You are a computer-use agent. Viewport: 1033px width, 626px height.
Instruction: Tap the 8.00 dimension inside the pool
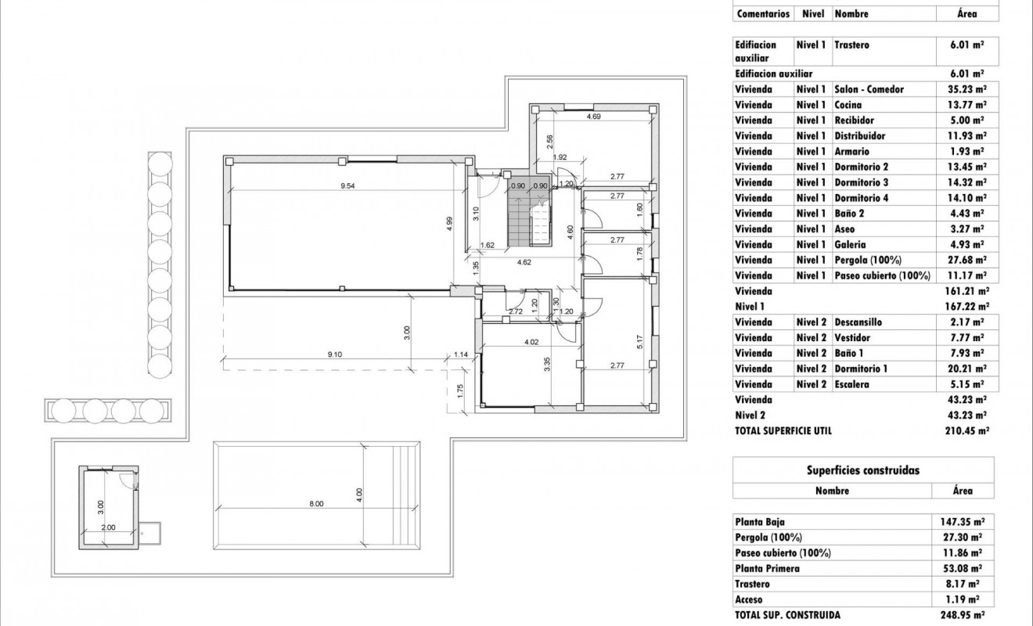(316, 504)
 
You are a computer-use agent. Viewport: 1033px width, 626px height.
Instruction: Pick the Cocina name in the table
(848, 105)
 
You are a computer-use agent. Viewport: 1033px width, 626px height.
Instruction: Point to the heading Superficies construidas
(862, 470)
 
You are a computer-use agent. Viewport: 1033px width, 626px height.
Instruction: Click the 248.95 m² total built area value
(963, 616)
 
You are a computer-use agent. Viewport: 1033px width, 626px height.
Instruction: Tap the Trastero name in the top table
(851, 45)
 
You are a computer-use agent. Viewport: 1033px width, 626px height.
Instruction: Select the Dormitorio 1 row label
(861, 369)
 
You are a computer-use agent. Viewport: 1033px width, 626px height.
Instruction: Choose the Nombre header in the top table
(851, 14)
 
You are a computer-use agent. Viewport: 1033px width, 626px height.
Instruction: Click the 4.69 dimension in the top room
(593, 117)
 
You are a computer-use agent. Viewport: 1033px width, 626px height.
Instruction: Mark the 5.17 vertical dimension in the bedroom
(641, 341)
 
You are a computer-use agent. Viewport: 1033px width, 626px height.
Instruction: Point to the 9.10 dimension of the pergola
(334, 354)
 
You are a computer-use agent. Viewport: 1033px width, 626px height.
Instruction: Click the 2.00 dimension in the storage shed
(108, 527)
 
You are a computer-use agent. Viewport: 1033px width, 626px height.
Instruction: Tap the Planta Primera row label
(767, 569)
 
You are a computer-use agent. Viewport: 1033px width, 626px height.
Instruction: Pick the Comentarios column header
(763, 14)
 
